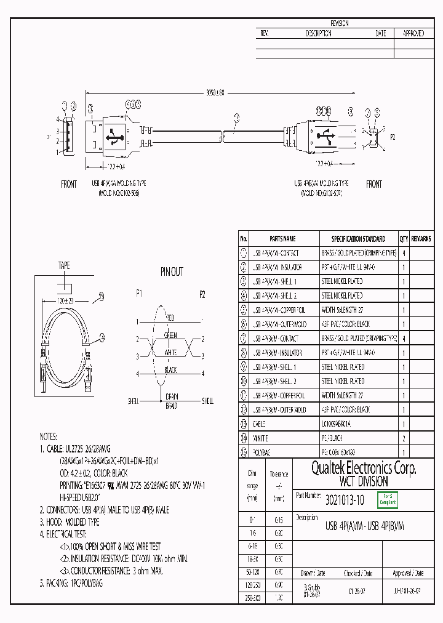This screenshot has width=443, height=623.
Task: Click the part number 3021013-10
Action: tap(345, 500)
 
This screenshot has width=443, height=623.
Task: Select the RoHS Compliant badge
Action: tap(388, 500)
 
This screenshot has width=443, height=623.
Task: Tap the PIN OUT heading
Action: tap(172, 271)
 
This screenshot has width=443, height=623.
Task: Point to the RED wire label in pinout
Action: tap(170, 318)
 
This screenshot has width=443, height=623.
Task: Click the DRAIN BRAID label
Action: tap(170, 401)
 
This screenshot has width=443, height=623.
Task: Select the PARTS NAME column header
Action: tap(282, 238)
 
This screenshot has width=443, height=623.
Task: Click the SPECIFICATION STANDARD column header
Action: tap(358, 238)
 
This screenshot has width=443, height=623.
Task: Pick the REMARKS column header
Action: tap(421, 238)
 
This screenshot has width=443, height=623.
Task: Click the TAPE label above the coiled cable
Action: tap(64, 266)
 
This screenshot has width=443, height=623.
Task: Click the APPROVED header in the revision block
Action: tap(413, 34)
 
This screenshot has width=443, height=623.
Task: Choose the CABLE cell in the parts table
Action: tap(258, 424)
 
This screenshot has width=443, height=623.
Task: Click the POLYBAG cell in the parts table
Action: tap(261, 452)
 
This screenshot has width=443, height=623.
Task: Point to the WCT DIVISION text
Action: tap(364, 481)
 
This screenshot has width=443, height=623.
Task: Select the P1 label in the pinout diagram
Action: tap(139, 294)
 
